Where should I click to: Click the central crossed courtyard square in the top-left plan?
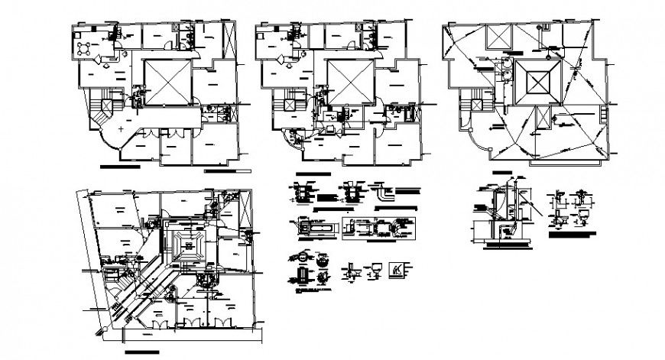pos(166,82)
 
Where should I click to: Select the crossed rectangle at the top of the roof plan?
pos(498,39)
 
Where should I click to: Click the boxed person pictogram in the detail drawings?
pos(397,269)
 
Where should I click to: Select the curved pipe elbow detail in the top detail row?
pos(382,194)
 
